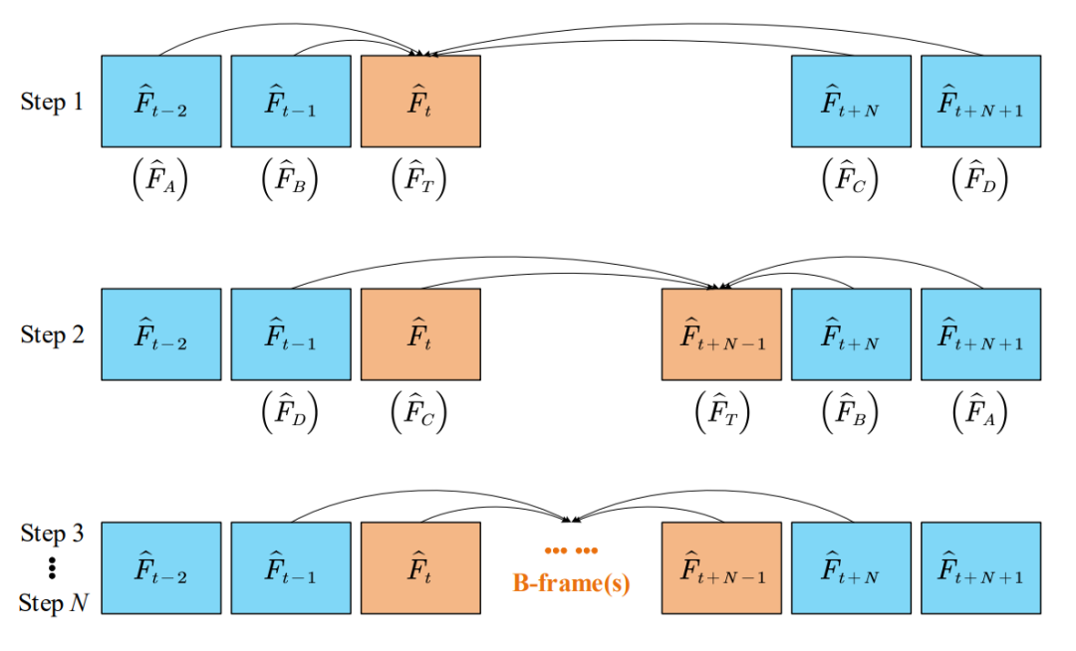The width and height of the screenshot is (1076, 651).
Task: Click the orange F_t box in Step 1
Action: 420,101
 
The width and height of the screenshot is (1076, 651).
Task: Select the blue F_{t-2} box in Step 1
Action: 161,101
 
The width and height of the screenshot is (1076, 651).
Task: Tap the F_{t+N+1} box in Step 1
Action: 980,101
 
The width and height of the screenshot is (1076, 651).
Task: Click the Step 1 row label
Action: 52,102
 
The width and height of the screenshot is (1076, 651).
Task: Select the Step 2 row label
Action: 52,334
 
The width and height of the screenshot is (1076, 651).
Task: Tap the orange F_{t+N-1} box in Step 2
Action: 721,334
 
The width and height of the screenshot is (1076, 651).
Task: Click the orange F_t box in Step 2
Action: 420,334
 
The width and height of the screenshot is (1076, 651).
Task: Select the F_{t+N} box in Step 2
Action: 851,334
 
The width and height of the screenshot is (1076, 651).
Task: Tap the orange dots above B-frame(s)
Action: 571,550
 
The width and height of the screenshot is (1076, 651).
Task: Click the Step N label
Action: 52,603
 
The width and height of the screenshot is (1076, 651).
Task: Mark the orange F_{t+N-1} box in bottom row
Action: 721,567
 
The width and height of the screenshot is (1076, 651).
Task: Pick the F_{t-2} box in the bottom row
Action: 161,567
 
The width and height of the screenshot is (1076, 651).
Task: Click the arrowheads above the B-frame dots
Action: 572,520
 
